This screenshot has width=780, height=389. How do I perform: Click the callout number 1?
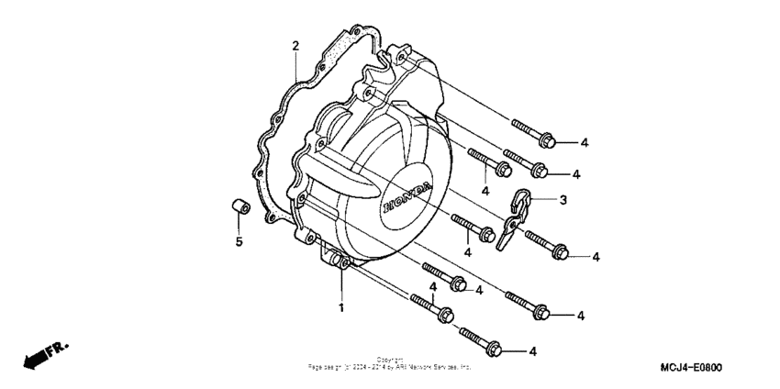pos(340,306)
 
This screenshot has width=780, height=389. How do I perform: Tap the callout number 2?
pos(295,46)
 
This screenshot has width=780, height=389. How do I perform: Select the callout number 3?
pos(563,200)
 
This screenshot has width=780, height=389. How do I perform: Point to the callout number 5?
pos(237,242)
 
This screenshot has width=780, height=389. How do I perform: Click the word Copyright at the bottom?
pos(389,360)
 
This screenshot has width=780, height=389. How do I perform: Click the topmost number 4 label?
pos(584,142)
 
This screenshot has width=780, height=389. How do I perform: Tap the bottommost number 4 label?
pos(532,350)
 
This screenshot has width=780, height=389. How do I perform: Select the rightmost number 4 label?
pos(596,256)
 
